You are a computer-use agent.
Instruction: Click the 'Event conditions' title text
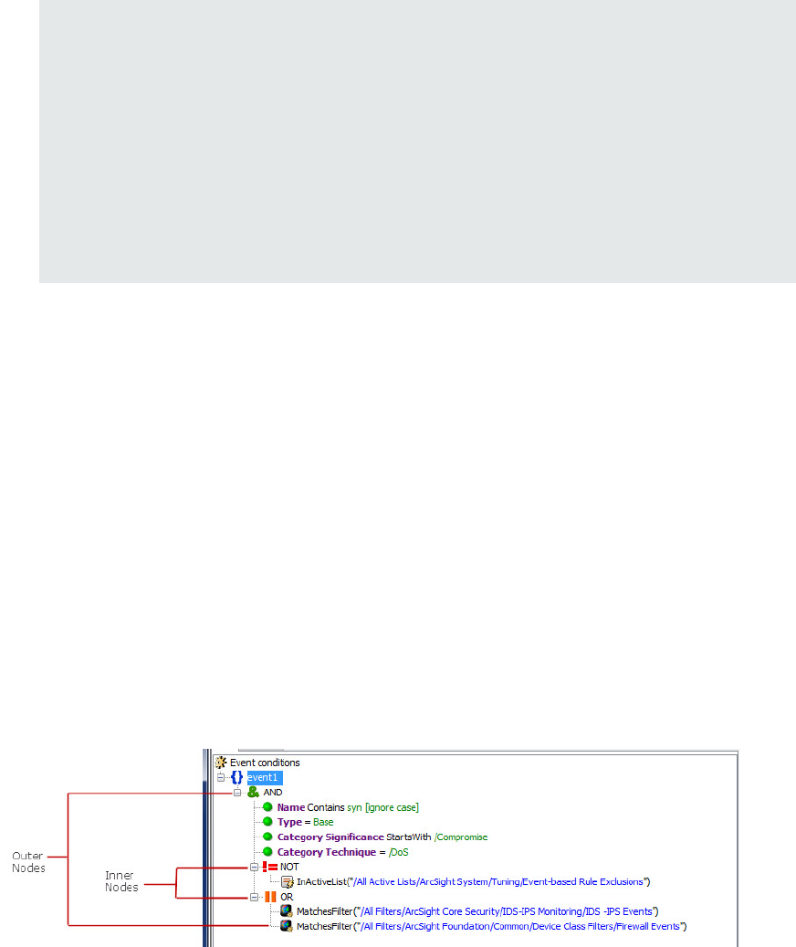[265, 763]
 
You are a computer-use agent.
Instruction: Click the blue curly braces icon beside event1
[236, 777]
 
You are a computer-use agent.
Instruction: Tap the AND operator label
[273, 793]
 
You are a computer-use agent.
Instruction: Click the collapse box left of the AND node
[237, 793]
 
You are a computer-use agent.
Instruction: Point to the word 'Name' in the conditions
[290, 807]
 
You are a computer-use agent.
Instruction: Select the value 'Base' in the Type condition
[323, 822]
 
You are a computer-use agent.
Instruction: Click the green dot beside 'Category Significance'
[268, 837]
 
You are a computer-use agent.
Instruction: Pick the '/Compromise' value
[461, 837]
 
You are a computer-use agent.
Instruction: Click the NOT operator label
[289, 867]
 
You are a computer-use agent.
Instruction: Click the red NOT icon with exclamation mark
[269, 867]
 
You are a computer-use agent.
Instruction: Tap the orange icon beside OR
[270, 897]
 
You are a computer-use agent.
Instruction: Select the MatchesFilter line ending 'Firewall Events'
[490, 926]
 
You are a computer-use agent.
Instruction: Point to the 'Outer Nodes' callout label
[27, 861]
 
